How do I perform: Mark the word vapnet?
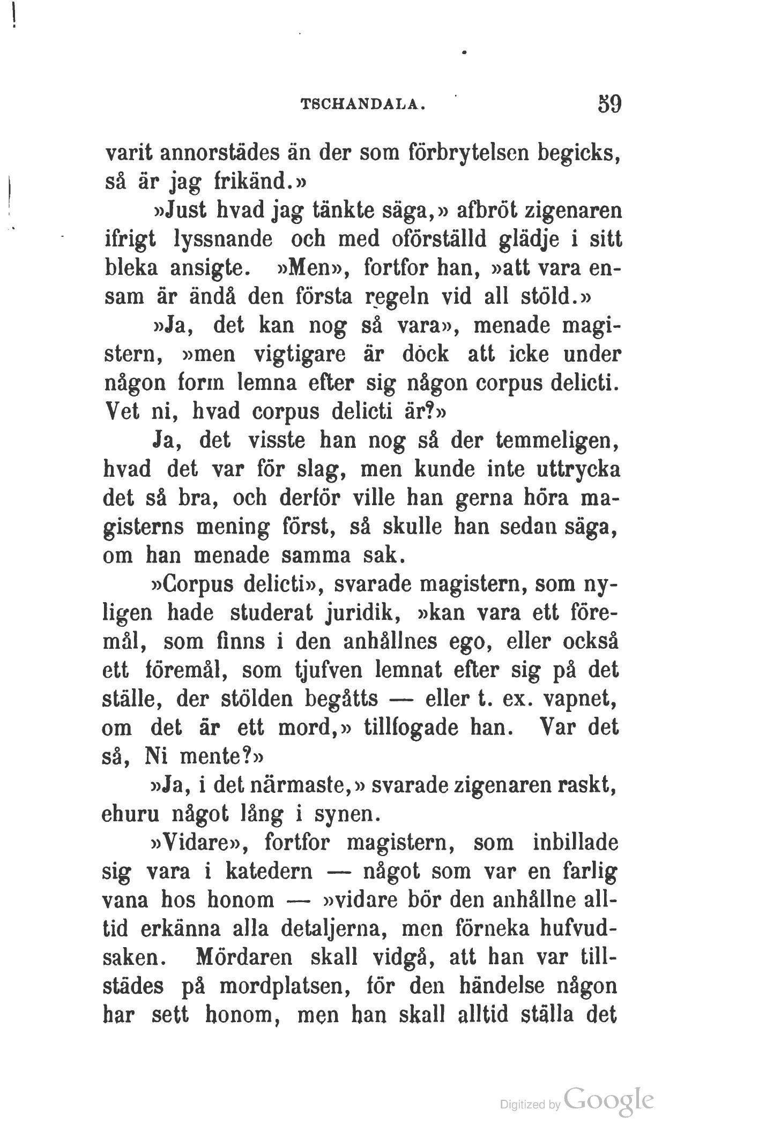586,699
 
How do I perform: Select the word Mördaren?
243,958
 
